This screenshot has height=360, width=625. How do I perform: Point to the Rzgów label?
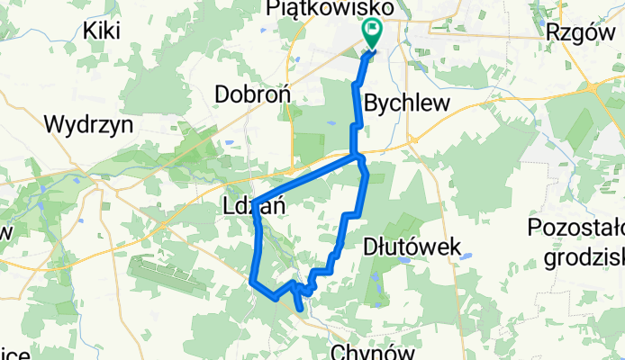[574, 31]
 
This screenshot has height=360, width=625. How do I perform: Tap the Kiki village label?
[102, 31]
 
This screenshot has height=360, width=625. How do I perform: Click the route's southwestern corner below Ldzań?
[251, 282]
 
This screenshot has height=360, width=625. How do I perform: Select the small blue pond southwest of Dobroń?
[230, 141]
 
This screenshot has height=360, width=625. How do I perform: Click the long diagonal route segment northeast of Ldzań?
[306, 177]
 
